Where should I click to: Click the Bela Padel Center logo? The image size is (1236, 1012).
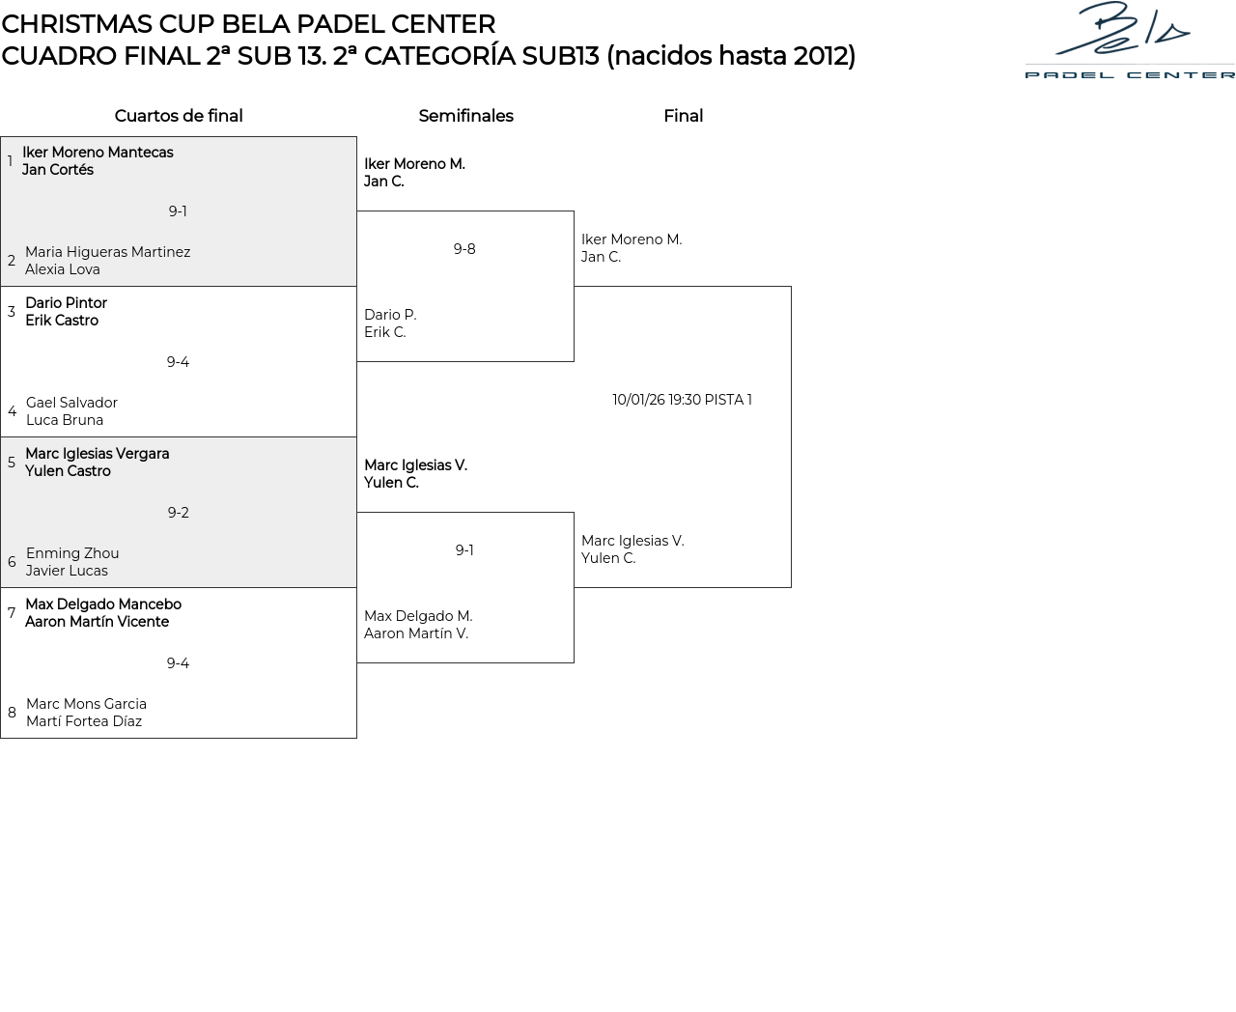click(x=1130, y=40)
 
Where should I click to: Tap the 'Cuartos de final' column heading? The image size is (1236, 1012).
click(x=179, y=116)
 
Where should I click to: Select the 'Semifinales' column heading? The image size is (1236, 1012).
click(x=466, y=116)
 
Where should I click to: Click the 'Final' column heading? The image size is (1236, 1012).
click(x=684, y=116)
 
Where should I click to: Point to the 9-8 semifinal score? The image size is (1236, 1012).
click(x=464, y=249)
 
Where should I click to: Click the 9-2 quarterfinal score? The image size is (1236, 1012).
click(x=179, y=513)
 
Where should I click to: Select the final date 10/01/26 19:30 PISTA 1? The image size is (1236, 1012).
click(x=682, y=400)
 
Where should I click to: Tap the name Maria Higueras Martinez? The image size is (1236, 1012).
click(x=108, y=252)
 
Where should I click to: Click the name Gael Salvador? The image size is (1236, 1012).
click(x=71, y=403)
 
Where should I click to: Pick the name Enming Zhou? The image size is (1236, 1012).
click(x=72, y=553)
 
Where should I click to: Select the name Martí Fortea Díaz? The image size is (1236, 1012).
click(x=84, y=721)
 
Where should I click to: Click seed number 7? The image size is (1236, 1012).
click(x=12, y=613)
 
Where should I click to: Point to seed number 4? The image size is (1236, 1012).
click(x=12, y=411)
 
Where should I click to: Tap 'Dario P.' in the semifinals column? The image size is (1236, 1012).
click(x=390, y=315)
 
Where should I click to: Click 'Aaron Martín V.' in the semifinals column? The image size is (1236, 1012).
click(x=416, y=633)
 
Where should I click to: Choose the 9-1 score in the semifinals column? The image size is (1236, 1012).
click(x=464, y=550)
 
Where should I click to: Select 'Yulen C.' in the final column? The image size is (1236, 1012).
click(x=608, y=558)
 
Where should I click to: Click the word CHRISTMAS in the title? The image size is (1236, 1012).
click(x=77, y=24)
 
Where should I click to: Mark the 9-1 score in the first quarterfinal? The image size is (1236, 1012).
click(x=178, y=211)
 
